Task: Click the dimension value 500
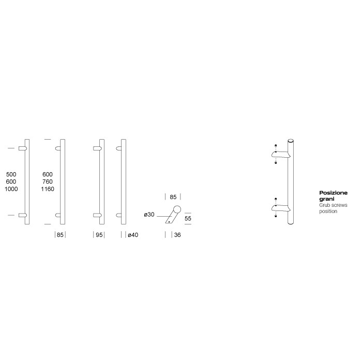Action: point(10,174)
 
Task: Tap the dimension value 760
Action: point(48,182)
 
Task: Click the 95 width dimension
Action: point(98,235)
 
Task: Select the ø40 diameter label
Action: point(132,235)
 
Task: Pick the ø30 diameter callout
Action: point(149,214)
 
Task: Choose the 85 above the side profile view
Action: point(173,197)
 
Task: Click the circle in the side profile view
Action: point(177,209)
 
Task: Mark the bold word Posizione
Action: point(334,192)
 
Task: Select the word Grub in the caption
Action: point(325,205)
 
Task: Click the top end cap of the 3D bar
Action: point(291,140)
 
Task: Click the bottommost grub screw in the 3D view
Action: point(276,217)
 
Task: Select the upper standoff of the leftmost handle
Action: point(22,148)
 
